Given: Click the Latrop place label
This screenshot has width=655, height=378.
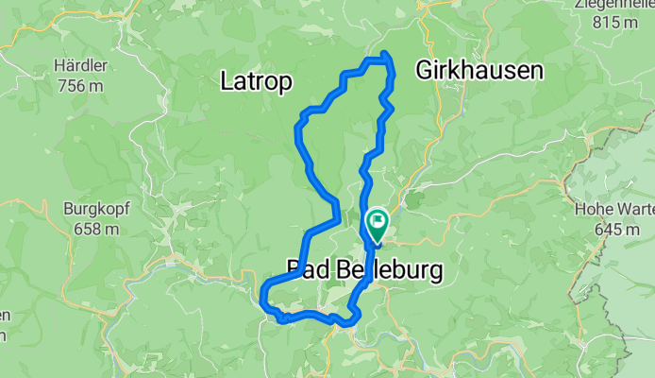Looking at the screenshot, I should tap(254, 81).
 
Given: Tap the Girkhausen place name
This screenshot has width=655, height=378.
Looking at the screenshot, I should tap(479, 70).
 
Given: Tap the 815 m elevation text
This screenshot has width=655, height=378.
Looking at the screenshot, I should tap(613, 21).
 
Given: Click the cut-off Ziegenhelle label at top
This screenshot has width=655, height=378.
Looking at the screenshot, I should tap(613, 4).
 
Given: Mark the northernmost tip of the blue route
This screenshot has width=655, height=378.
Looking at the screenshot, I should tap(386, 53).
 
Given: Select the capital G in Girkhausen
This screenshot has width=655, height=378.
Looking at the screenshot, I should tap(423, 70).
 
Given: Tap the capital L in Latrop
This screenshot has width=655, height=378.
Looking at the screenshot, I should tap(226, 81).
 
